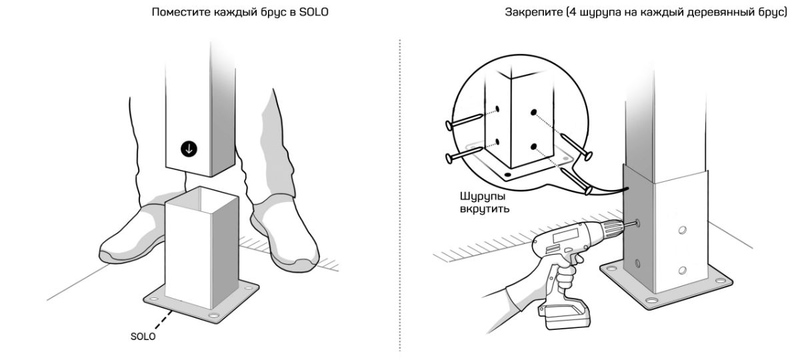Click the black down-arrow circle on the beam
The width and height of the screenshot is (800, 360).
[x=189, y=149]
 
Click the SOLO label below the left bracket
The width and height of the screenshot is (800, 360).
[x=143, y=337]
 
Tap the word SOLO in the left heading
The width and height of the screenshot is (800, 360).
[x=313, y=12]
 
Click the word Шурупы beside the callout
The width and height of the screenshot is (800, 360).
[x=483, y=197]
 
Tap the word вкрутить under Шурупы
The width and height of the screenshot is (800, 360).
[x=484, y=209]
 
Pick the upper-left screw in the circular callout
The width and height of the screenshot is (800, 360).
[x=464, y=121]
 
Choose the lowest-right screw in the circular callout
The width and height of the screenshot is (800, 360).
[x=577, y=181]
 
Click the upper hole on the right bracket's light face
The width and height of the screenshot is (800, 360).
[x=682, y=230]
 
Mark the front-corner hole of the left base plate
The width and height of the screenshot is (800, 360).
[x=213, y=316]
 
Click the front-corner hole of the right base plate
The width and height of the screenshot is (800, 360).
[x=651, y=300]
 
